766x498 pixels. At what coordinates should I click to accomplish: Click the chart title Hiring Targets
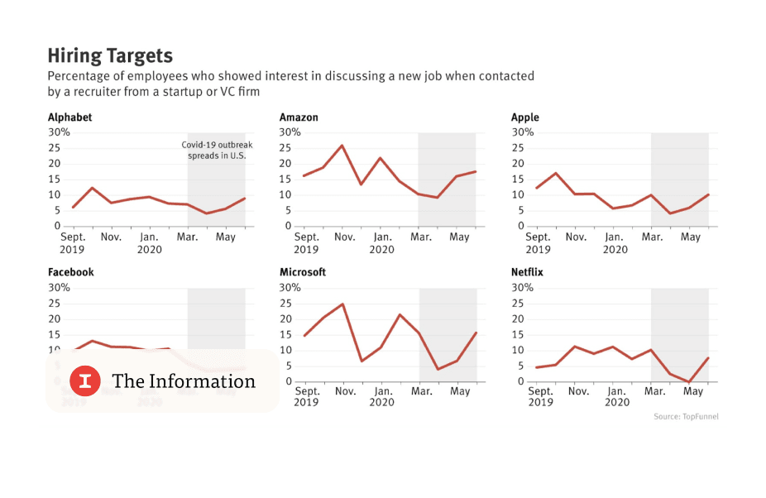pyautogui.click(x=110, y=55)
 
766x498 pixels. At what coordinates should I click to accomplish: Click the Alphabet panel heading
pyautogui.click(x=69, y=117)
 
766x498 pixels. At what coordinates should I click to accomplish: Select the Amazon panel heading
pyautogui.click(x=299, y=117)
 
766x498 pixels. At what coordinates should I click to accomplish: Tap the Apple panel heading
pyautogui.click(x=524, y=117)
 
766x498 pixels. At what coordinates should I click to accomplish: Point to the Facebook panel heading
pyautogui.click(x=70, y=272)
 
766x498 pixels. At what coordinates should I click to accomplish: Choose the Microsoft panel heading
pyautogui.click(x=303, y=272)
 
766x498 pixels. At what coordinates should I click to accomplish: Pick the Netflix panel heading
pyautogui.click(x=527, y=272)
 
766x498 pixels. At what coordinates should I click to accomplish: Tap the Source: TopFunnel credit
pyautogui.click(x=686, y=417)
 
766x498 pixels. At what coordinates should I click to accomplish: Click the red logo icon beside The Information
pyautogui.click(x=85, y=381)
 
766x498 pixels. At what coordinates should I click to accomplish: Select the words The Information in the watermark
pyautogui.click(x=184, y=381)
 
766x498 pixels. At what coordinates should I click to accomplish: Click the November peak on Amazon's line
pyautogui.click(x=342, y=146)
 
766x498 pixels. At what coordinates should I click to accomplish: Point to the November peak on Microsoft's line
pyautogui.click(x=342, y=304)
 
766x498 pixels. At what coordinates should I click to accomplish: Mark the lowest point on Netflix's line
pyautogui.click(x=689, y=381)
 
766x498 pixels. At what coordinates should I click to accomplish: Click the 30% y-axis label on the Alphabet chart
pyautogui.click(x=59, y=132)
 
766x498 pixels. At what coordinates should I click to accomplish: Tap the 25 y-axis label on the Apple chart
pyautogui.click(x=517, y=148)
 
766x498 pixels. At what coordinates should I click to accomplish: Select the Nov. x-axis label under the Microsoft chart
pyautogui.click(x=345, y=391)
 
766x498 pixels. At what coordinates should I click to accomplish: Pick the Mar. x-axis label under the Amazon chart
pyautogui.click(x=421, y=237)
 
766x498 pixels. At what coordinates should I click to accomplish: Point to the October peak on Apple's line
pyautogui.click(x=556, y=173)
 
